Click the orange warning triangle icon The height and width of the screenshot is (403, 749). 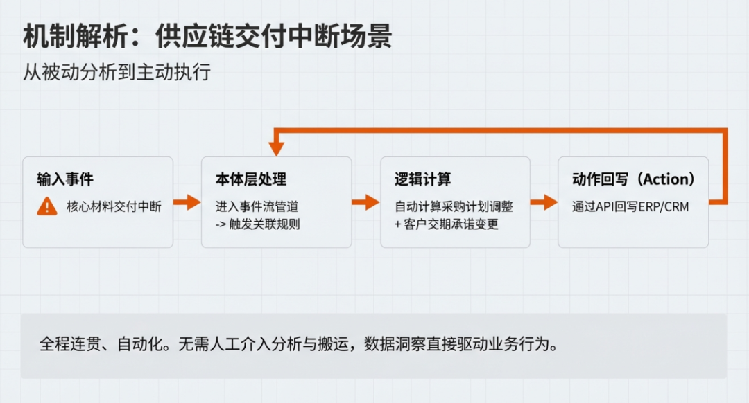47,206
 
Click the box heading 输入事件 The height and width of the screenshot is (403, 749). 65,179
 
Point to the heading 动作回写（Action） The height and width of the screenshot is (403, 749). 633,179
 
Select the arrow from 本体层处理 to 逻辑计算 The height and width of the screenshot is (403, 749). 365,202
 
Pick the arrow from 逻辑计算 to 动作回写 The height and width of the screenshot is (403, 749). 544,202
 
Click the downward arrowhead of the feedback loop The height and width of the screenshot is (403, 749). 277,147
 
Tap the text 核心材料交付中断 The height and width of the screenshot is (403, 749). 114,206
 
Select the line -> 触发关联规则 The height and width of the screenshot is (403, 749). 257,224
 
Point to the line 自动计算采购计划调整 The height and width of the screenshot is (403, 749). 454,206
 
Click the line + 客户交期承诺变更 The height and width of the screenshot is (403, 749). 447,224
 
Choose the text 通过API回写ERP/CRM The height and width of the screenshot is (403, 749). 630,206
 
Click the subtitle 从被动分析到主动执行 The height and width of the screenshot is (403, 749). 117,73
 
